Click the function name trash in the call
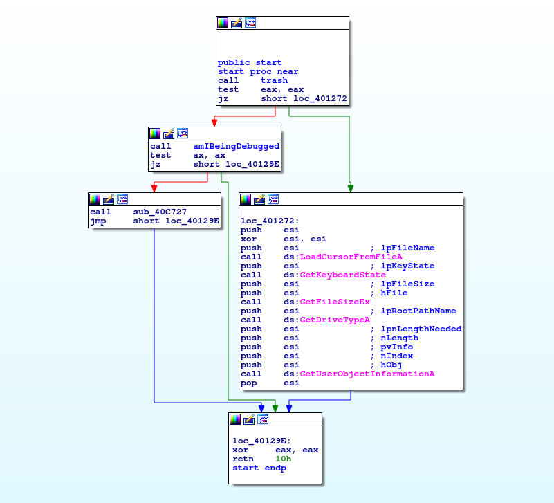[x=274, y=80]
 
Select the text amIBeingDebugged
[x=236, y=146]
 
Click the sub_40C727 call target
[x=159, y=212]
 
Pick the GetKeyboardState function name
[x=342, y=275]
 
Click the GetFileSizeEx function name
[x=334, y=302]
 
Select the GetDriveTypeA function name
[x=334, y=320]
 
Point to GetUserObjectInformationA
[x=367, y=374]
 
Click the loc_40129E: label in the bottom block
[x=261, y=441]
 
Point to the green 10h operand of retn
[x=283, y=459]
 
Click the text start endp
[x=259, y=468]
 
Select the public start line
[x=250, y=62]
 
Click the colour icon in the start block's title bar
[x=222, y=22]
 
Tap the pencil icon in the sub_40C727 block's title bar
[x=109, y=199]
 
